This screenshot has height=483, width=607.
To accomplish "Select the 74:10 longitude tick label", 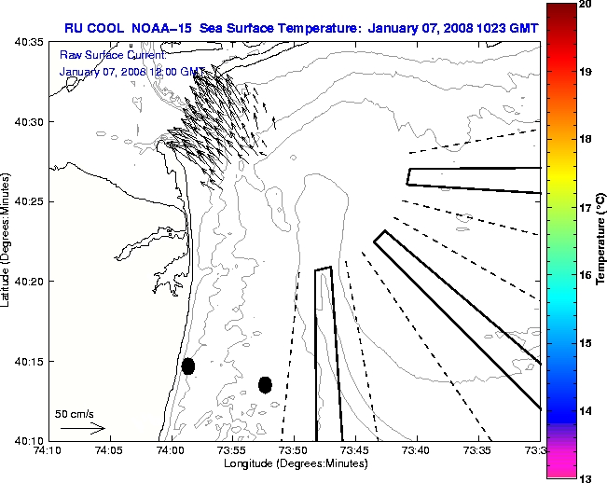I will coord(48,450).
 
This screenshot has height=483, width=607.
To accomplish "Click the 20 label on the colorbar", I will coord(586,4).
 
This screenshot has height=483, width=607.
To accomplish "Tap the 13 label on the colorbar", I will coord(586,478).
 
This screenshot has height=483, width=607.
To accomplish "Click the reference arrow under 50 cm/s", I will coord(82,428).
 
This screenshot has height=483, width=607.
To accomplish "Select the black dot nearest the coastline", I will coord(188,366).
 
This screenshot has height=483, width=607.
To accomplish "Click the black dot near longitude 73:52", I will coord(265,384).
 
